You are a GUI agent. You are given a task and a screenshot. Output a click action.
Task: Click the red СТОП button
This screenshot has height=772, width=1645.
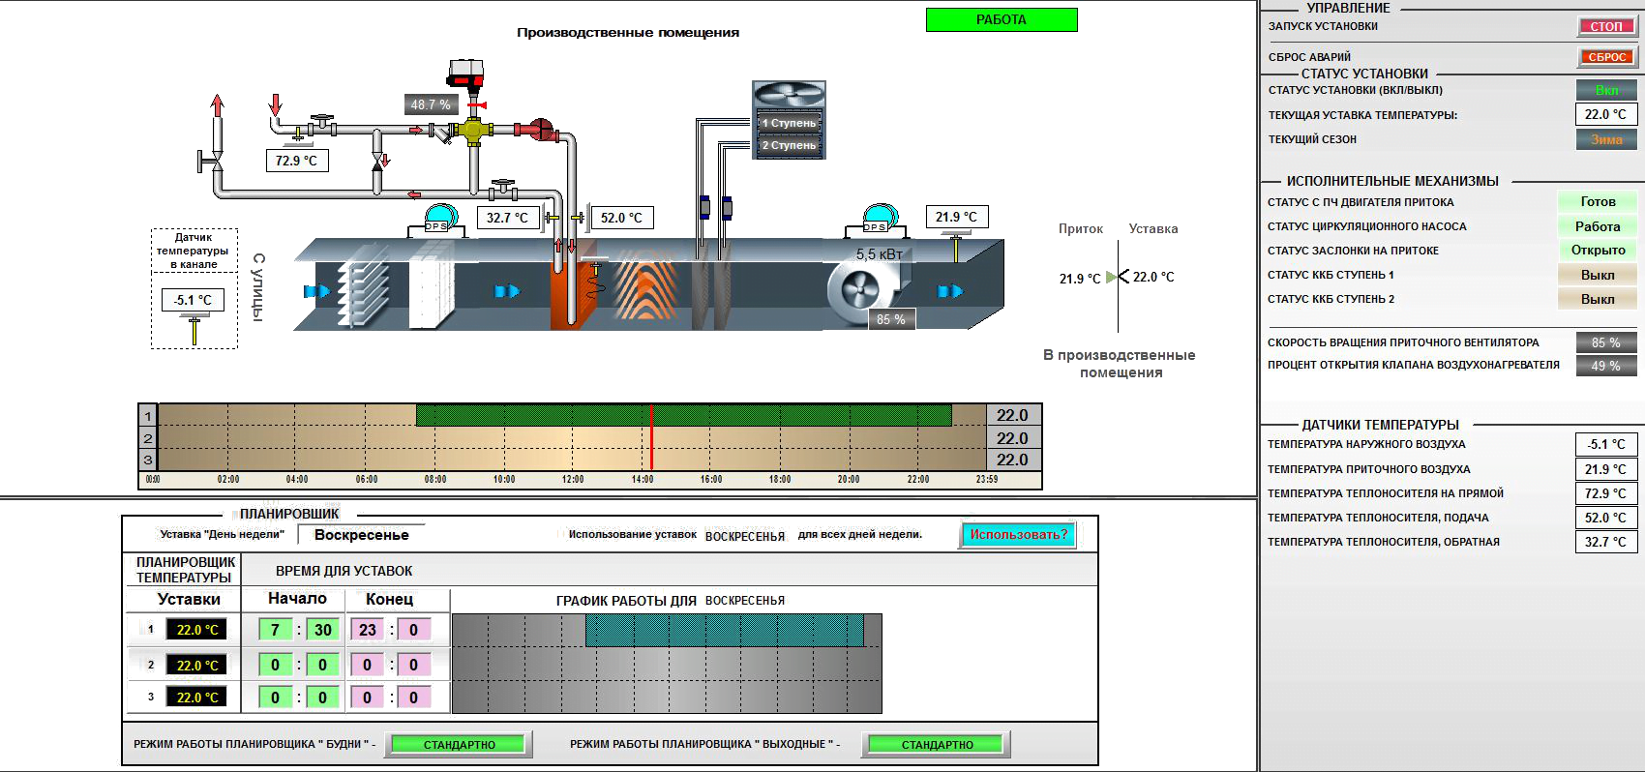1606,26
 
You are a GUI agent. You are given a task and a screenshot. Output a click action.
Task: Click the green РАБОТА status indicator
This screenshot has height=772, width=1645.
1002,20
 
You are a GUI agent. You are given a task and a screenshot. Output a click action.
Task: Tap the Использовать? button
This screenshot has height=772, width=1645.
1019,535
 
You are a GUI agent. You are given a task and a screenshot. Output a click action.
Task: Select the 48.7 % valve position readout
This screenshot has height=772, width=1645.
431,104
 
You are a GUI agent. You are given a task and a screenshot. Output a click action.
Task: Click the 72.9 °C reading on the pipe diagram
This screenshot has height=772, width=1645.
297,161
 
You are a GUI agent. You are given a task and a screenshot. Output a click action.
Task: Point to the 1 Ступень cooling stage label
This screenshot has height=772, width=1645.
789,123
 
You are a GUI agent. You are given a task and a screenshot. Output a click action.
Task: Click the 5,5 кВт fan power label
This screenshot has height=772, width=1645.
880,254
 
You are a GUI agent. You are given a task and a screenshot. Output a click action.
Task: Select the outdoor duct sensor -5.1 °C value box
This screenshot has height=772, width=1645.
193,300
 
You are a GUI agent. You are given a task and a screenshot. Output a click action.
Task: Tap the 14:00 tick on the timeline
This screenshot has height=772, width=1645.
643,479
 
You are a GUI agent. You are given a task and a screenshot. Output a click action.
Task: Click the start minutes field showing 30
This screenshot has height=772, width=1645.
322,630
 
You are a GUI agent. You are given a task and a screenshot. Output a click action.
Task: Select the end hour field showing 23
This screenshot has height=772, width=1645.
367,630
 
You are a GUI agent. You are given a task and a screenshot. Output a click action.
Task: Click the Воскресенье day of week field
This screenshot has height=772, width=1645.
361,535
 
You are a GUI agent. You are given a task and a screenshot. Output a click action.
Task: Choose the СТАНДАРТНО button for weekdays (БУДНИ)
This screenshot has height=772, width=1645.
459,744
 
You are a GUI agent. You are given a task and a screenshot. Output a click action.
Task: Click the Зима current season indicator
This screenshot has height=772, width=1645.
1606,139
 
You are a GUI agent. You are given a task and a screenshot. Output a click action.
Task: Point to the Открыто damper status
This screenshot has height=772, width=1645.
1598,250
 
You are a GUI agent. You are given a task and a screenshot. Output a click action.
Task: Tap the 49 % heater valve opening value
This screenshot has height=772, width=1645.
1605,366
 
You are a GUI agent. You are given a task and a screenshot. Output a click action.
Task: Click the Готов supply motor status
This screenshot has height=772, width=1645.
1598,201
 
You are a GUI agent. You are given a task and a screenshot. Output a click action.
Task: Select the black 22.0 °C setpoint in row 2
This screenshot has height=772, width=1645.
196,665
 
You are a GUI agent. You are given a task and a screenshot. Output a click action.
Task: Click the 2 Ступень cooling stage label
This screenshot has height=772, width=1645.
789,145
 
